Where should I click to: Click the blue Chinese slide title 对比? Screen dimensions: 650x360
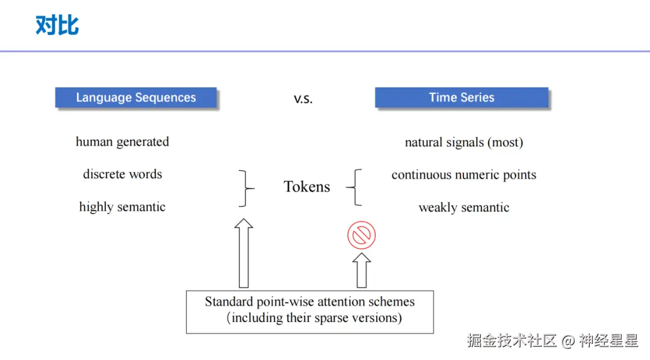[57, 25]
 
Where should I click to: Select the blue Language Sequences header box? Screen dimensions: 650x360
[136, 98]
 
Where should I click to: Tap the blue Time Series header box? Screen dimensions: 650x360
[462, 98]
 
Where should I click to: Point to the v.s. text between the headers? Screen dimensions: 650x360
[303, 99]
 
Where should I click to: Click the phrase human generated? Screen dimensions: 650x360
[122, 142]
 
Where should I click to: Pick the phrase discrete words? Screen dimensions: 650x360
[122, 174]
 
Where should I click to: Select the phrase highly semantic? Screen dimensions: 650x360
[122, 206]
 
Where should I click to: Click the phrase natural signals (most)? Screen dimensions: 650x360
[464, 142]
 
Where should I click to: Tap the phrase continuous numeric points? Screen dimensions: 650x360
[464, 175]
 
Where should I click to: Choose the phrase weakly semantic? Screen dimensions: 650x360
[464, 207]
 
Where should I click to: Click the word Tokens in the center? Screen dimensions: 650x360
[307, 187]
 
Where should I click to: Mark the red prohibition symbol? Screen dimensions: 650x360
[362, 235]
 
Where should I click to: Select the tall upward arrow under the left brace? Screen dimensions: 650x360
[244, 253]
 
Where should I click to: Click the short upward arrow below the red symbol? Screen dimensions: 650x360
[362, 270]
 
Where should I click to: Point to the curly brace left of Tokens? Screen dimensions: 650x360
[247, 188]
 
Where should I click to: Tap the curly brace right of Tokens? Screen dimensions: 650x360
[354, 187]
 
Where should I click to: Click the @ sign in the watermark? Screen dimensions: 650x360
[568, 341]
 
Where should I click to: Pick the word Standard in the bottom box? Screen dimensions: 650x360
[229, 302]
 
